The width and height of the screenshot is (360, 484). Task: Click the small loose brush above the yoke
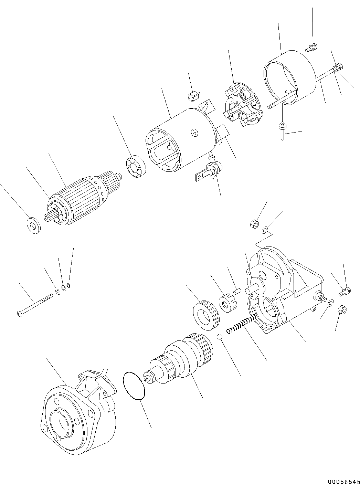coord(193,96)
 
